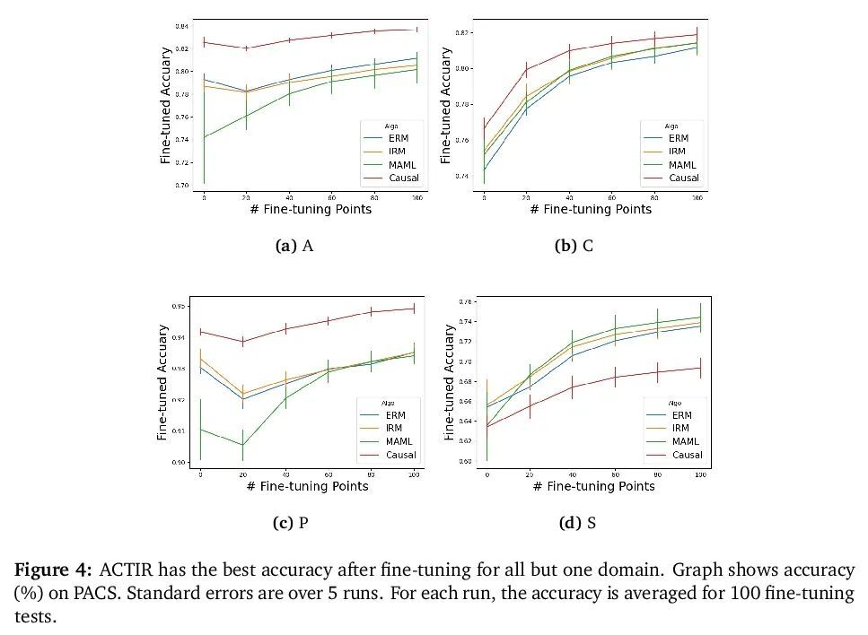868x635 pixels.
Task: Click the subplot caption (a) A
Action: [294, 246]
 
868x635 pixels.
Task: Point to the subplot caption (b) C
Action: [574, 246]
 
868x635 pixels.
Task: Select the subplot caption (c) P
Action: [291, 523]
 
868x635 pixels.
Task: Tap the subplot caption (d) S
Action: [577, 523]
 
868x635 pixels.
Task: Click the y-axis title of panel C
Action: [446, 105]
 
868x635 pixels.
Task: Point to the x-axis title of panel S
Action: [593, 486]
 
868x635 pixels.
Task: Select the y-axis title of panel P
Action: [162, 382]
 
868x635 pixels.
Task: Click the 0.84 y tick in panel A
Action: [183, 26]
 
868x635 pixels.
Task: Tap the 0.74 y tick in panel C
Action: [462, 176]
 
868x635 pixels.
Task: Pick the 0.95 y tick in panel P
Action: [180, 307]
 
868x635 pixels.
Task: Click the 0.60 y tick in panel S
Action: [464, 461]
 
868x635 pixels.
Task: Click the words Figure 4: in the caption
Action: [52, 570]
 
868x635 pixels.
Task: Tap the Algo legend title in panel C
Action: [671, 126]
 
